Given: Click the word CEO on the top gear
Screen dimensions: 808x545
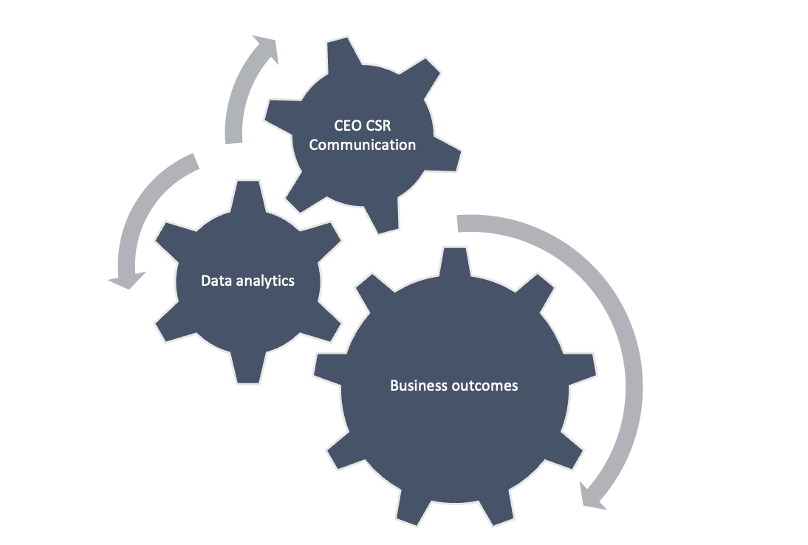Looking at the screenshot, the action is pyautogui.click(x=348, y=126).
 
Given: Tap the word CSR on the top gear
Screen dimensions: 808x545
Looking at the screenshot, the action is pyautogui.click(x=378, y=126).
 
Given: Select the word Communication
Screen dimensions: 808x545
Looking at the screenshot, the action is pyautogui.click(x=362, y=145).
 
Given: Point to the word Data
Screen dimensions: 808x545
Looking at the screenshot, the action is pyautogui.click(x=216, y=281).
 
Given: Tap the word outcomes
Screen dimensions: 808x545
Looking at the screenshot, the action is pyautogui.click(x=485, y=386).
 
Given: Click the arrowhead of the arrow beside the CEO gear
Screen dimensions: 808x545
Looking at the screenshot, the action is pyautogui.click(x=267, y=47).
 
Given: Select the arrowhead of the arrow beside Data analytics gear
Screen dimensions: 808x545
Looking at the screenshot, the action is pyautogui.click(x=127, y=279).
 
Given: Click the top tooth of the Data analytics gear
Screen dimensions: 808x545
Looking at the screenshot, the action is pyautogui.click(x=248, y=195).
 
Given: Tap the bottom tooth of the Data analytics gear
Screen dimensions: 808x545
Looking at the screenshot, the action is pyautogui.click(x=248, y=368).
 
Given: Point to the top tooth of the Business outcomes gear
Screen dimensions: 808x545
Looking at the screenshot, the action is pyautogui.click(x=454, y=261).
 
